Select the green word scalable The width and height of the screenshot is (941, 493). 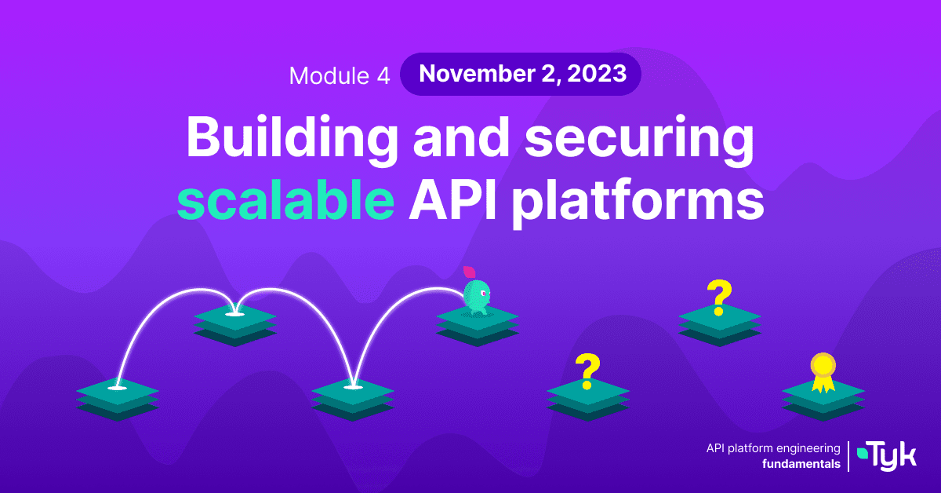(285, 200)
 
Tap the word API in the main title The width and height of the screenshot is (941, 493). (453, 201)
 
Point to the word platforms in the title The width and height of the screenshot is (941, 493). (638, 203)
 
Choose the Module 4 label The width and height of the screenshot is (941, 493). (340, 75)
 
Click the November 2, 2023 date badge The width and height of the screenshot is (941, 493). (521, 74)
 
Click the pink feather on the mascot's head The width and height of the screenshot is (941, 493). (469, 272)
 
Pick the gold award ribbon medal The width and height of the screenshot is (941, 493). (823, 373)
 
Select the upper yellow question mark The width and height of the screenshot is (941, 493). (719, 298)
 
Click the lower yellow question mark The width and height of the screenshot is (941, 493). (587, 371)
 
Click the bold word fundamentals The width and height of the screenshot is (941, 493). (801, 464)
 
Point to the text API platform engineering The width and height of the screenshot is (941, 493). (773, 448)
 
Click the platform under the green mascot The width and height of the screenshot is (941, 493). (478, 326)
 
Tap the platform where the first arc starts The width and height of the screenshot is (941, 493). (118, 400)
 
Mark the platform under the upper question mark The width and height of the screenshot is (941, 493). (720, 326)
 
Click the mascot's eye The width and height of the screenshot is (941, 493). (484, 293)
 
